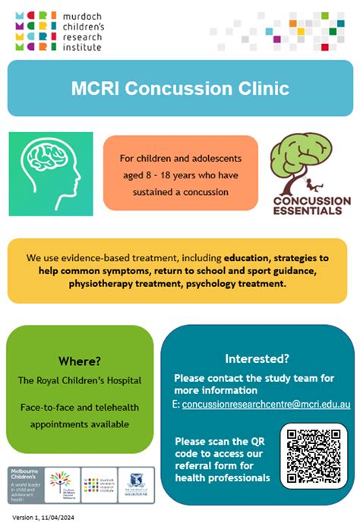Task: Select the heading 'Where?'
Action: click(81, 361)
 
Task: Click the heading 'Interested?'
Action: click(256, 358)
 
